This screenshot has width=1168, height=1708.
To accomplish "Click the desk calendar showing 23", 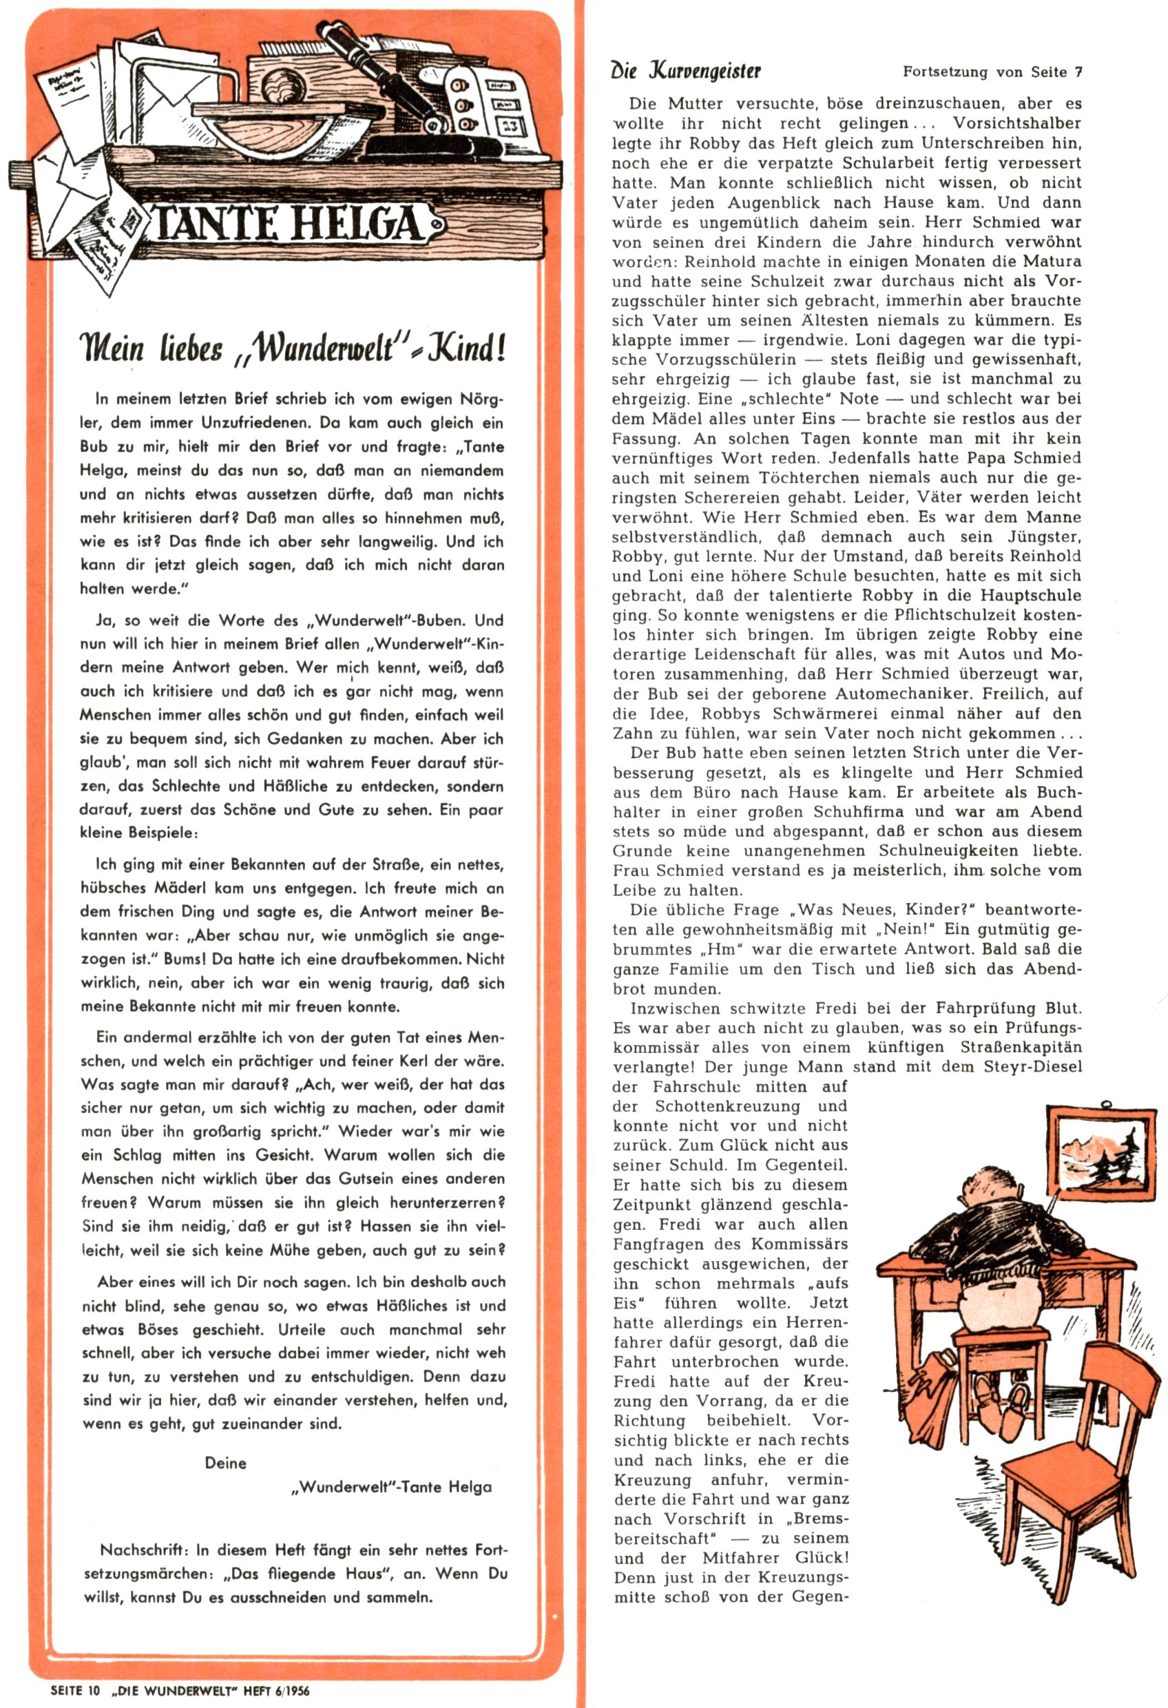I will tap(510, 127).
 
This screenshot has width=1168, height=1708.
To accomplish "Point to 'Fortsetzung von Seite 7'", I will tap(992, 72).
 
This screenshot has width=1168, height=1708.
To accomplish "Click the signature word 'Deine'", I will tap(226, 1463).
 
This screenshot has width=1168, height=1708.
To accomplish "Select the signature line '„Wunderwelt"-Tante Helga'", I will tap(392, 1487).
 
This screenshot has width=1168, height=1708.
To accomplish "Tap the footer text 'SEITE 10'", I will tap(74, 1690).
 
